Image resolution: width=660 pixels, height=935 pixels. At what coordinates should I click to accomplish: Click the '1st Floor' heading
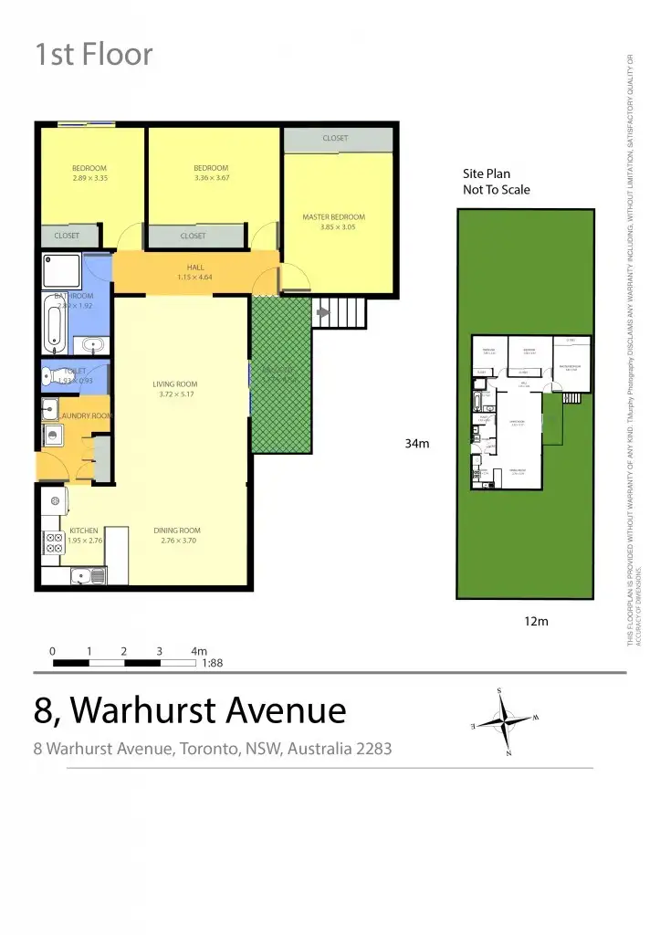94,55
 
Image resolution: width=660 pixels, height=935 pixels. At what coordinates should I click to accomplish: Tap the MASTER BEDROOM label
333,217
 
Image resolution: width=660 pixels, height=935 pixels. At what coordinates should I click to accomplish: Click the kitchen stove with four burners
52,543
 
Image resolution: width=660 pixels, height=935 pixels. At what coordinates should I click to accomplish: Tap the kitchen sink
88,575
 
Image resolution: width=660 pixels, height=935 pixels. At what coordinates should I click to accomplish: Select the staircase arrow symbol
321,312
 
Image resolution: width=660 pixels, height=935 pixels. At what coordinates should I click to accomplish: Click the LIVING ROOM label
175,384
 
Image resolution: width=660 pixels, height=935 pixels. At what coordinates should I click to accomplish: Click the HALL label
194,267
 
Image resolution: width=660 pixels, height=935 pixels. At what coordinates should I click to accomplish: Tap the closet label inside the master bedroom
335,139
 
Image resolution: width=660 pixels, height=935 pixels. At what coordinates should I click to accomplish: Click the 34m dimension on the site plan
417,444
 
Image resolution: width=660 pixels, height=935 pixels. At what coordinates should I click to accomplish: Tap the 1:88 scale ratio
213,664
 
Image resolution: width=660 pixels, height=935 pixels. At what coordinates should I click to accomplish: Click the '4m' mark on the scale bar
200,651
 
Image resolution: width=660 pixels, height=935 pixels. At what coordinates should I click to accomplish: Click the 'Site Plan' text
487,173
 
